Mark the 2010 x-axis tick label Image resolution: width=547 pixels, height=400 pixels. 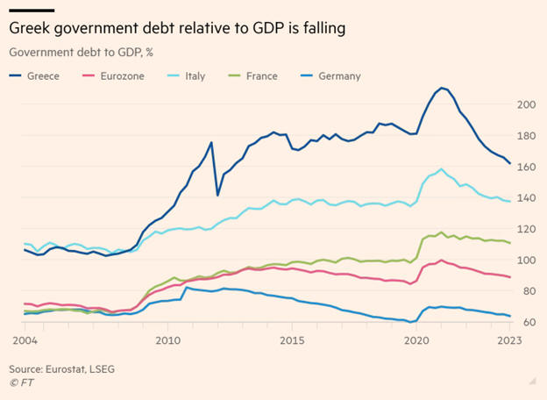click(x=168, y=339)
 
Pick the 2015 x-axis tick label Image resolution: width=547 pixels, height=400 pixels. click(x=291, y=339)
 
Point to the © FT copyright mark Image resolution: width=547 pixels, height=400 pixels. click(x=22, y=382)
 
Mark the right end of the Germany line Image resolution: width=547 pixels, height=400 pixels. click(x=510, y=316)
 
